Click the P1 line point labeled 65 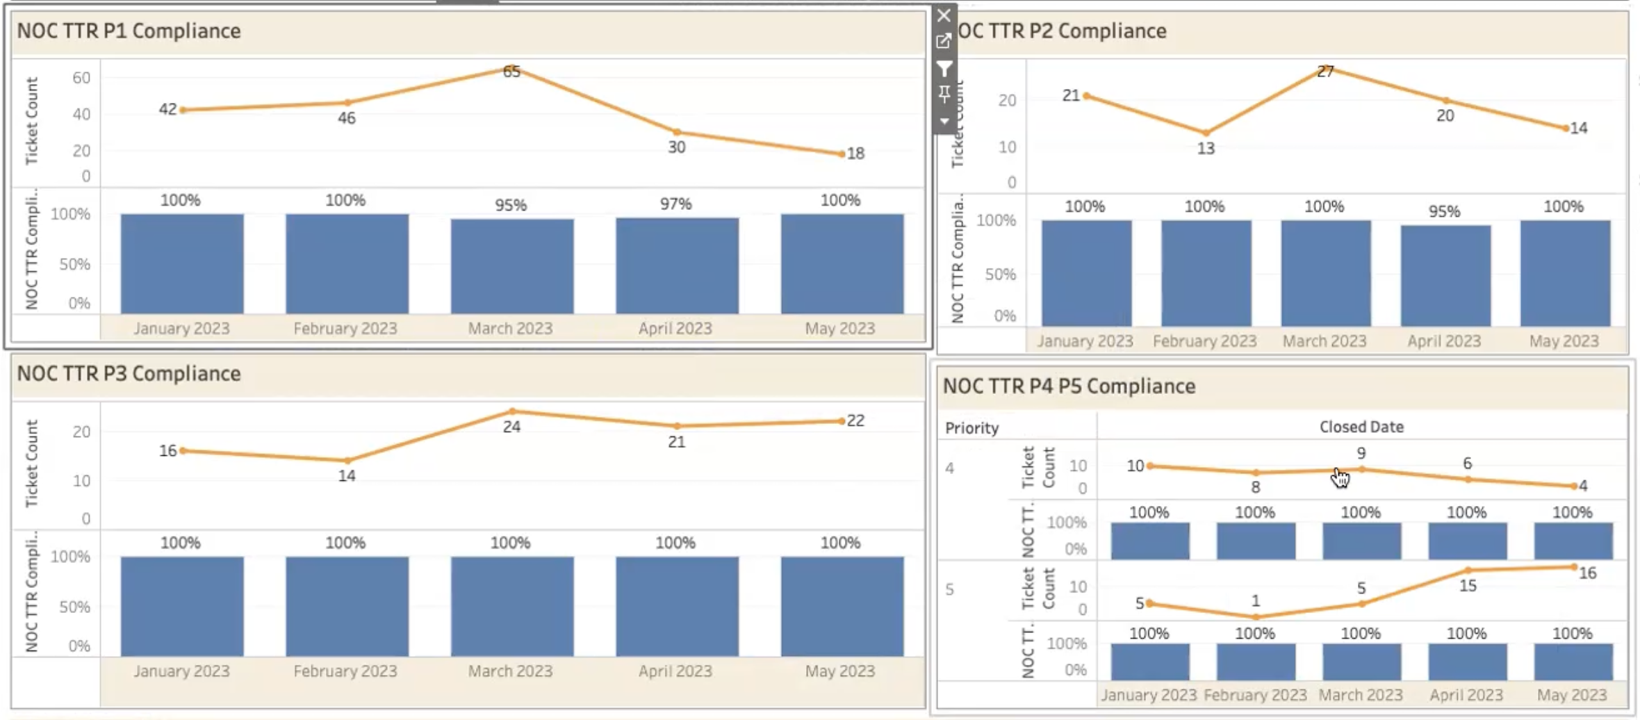click(512, 68)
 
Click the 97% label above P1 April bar click(675, 204)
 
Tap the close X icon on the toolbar click(944, 15)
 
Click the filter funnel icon click(944, 68)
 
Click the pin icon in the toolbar click(944, 93)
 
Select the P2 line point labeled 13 click(1206, 133)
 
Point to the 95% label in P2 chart click(1444, 211)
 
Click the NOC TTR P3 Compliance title click(129, 374)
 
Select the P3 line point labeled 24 click(512, 411)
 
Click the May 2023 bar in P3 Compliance click(842, 606)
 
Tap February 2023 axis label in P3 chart click(345, 671)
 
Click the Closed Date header click(1361, 427)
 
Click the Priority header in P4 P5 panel click(971, 428)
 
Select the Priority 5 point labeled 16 click(1574, 567)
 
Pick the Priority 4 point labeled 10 click(1151, 466)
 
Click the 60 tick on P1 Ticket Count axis click(81, 78)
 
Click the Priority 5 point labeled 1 click(1256, 616)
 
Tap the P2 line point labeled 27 click(1325, 67)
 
